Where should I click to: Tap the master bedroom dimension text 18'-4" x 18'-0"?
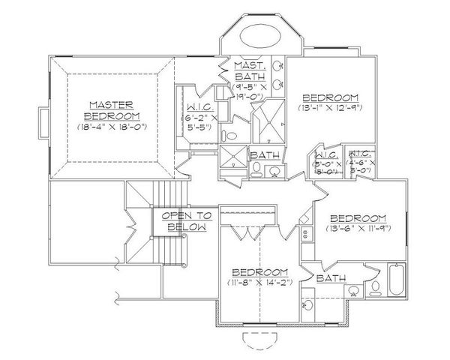113,127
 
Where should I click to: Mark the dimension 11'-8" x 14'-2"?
260,282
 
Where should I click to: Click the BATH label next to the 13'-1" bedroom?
265,154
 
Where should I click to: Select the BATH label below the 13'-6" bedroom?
331,278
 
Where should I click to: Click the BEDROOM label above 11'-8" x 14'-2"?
260,271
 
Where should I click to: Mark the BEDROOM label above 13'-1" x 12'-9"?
330,98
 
